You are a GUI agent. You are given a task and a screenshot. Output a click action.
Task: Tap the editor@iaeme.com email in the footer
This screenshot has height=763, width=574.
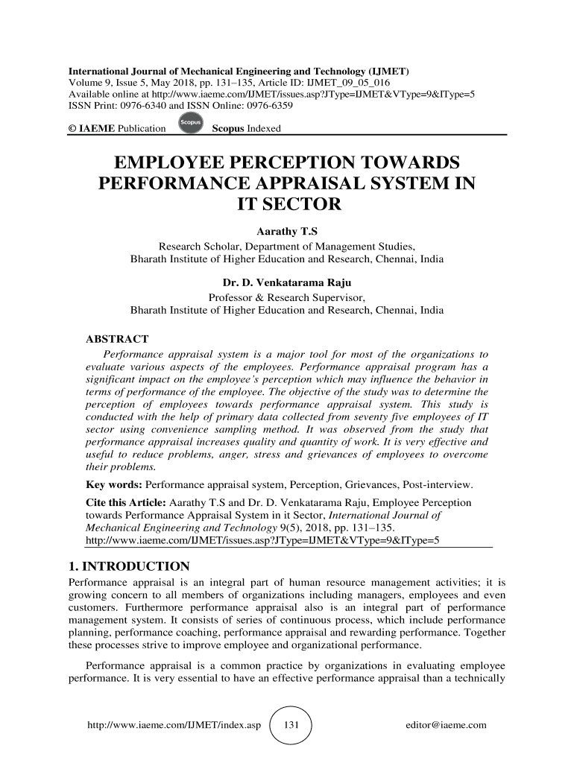tap(445, 725)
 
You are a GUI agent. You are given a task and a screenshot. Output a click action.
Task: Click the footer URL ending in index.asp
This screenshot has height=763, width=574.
tap(173, 725)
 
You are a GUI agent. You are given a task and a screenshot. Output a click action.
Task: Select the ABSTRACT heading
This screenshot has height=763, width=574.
tap(118, 340)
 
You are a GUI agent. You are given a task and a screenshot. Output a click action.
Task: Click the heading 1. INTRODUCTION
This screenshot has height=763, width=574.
tap(129, 563)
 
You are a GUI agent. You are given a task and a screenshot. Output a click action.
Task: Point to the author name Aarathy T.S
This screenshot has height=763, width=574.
tap(287, 232)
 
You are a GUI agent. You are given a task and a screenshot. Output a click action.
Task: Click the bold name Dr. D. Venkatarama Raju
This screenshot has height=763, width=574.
tap(287, 283)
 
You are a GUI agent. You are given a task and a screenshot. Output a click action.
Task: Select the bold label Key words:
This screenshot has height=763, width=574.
tap(113, 485)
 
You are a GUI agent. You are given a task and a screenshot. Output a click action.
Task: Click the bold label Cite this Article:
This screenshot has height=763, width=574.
tap(126, 504)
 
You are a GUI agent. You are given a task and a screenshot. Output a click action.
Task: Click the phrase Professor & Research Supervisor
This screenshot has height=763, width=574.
tap(287, 297)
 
